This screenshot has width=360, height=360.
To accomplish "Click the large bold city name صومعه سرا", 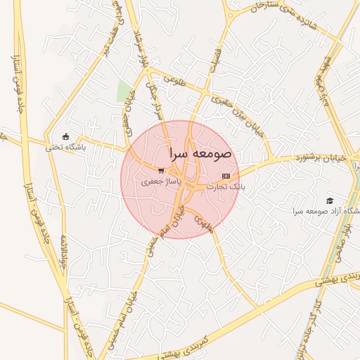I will pyautogui.click(x=200, y=153).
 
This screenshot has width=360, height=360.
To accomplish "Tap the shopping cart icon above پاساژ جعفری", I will pyautogui.click(x=161, y=171).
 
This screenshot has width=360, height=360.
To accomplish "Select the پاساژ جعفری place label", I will pyautogui.click(x=161, y=181).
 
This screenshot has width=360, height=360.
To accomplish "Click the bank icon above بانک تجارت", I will pyautogui.click(x=225, y=176).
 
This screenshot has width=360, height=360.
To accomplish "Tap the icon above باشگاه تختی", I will pyautogui.click(x=66, y=136).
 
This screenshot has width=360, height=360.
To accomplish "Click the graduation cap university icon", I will pyautogui.click(x=330, y=201).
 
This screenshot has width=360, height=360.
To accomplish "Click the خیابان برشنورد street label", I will pyautogui.click(x=321, y=159).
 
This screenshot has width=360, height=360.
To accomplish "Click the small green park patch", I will pyautogui.click(x=124, y=91).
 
